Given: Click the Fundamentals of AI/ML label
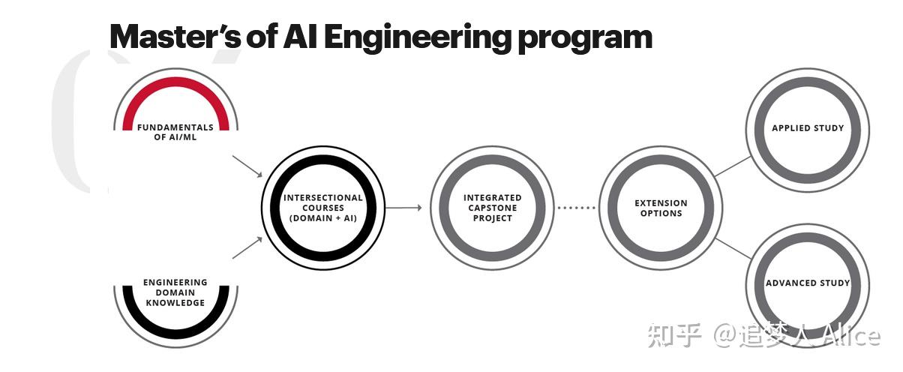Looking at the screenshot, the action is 175,132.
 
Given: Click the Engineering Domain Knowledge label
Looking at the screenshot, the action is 175,292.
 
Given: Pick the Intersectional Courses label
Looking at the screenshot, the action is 322,208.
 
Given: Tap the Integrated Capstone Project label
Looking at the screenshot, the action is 492,208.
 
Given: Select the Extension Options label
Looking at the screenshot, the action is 661,208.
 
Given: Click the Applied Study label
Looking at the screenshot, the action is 808,128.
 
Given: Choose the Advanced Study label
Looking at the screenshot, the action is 808,283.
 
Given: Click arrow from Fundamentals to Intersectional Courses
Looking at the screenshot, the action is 247,166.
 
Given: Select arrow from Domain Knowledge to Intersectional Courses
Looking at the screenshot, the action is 247,248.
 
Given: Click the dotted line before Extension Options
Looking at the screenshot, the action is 577,208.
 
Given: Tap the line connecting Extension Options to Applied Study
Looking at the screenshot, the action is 732,166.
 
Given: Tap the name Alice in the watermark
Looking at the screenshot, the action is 850,336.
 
